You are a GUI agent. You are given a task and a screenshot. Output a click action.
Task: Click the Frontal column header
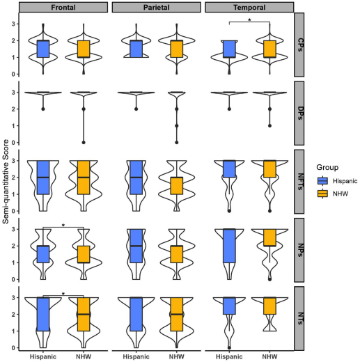(x=63, y=8)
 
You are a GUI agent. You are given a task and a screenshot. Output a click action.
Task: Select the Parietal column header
(x=157, y=8)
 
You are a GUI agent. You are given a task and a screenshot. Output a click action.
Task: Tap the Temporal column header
(x=249, y=8)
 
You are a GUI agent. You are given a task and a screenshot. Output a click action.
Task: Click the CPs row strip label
(x=299, y=45)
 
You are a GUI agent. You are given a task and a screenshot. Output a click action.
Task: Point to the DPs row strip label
(x=299, y=113)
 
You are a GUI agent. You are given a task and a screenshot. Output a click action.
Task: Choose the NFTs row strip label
(x=299, y=182)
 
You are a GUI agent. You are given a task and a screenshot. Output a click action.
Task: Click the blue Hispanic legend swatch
(x=322, y=181)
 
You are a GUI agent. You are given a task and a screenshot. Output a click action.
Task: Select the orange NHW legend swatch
(x=322, y=194)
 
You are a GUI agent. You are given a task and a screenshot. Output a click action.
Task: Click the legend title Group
(x=327, y=167)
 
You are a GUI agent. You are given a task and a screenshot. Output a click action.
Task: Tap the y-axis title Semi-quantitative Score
(x=6, y=182)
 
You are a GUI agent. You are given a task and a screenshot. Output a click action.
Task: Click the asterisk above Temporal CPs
(x=249, y=20)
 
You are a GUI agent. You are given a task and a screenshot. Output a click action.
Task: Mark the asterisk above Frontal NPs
(x=63, y=226)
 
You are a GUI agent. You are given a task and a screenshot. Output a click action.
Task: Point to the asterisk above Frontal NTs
(x=63, y=294)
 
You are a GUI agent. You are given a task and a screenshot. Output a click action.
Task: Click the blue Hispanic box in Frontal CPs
(x=43, y=49)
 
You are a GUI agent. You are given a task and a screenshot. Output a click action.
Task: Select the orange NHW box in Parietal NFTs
(x=177, y=186)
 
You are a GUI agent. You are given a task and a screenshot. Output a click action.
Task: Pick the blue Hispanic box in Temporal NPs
(x=229, y=246)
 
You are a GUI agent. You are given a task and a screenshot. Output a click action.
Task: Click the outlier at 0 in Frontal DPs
(x=84, y=143)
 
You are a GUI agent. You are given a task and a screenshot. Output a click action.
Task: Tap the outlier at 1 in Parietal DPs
(x=177, y=126)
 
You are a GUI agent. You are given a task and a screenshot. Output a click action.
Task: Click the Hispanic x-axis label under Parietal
(x=136, y=356)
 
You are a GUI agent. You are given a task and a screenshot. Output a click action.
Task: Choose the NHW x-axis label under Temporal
(x=269, y=356)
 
